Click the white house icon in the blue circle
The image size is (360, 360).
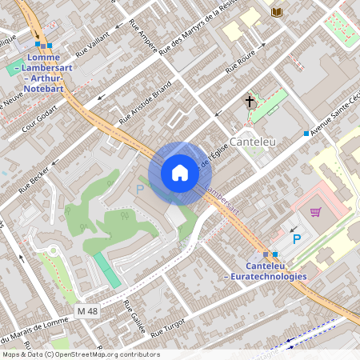click(180, 173)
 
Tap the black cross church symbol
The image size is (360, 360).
click(250, 102)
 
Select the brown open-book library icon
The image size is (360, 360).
click(277, 12)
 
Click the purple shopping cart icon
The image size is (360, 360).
click(316, 212)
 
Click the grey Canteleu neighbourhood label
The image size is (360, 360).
click(252, 142)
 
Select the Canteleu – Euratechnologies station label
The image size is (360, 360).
click(265, 270)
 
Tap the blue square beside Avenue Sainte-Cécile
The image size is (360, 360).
click(306, 133)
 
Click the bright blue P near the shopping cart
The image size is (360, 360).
click(296, 239)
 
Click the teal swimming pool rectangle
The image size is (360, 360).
click(106, 270)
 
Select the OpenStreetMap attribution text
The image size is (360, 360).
click(81, 354)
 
